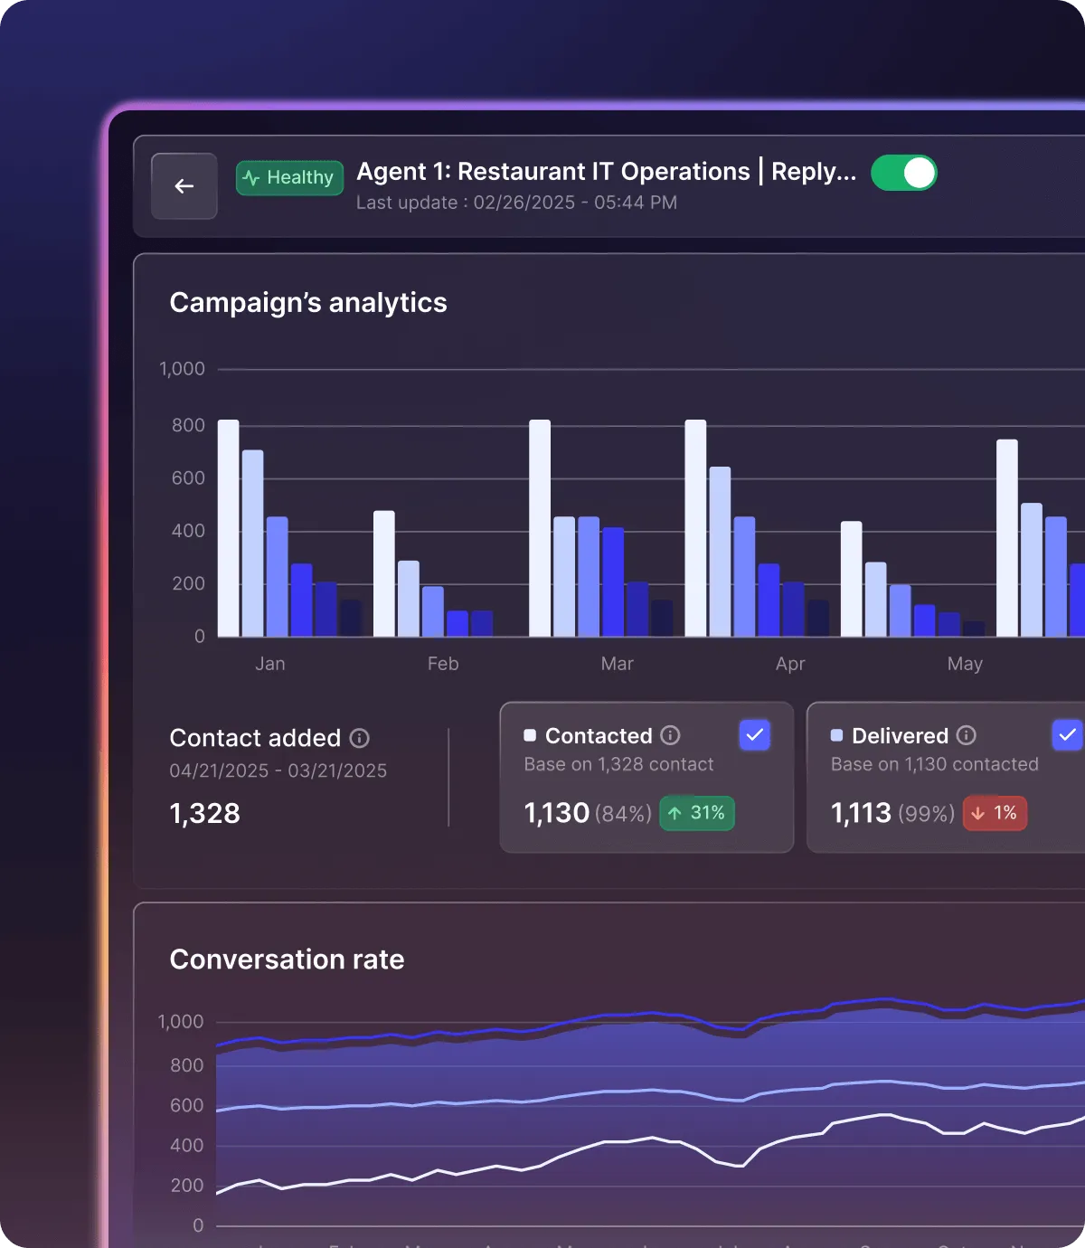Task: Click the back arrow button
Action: tap(184, 186)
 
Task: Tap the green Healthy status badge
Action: tap(289, 178)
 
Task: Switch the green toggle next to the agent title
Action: tap(904, 173)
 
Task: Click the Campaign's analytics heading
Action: tap(308, 302)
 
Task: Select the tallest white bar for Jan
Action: tap(229, 528)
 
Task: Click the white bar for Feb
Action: tap(384, 573)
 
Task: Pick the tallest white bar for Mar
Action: tap(540, 528)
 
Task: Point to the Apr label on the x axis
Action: tap(790, 664)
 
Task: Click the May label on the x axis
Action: tap(965, 664)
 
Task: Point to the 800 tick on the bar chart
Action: tap(188, 425)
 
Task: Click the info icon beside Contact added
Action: tap(360, 738)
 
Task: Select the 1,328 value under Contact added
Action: tap(205, 813)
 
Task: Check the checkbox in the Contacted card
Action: tap(754, 735)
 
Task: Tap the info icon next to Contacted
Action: tap(670, 735)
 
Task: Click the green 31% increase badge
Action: tap(697, 813)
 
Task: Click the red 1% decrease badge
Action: tap(995, 813)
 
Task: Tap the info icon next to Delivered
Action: tap(966, 735)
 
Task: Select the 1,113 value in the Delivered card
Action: tap(861, 813)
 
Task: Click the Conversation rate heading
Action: tap(287, 959)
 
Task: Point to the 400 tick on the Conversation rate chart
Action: tap(187, 1145)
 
